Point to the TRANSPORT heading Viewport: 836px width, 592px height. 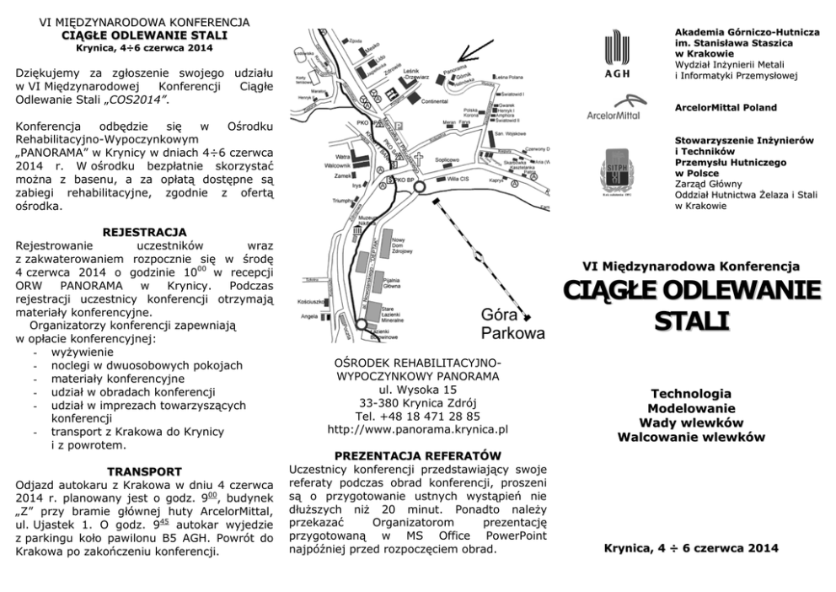point(143,471)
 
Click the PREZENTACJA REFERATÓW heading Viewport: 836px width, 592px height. point(418,455)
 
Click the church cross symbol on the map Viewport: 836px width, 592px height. point(417,158)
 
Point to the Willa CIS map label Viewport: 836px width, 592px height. point(458,180)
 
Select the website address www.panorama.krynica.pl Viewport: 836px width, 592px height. point(417,429)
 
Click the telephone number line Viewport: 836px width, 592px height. point(418,416)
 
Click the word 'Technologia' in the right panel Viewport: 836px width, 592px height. point(690,393)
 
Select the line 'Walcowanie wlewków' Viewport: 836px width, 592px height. point(690,437)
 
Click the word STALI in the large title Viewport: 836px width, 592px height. point(690,321)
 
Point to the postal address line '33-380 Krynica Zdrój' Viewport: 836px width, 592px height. point(418,402)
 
